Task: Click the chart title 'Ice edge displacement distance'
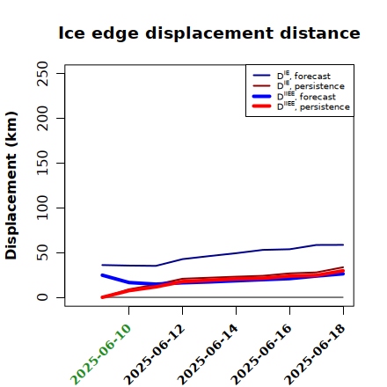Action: [209, 33]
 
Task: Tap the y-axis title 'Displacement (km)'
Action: [11, 186]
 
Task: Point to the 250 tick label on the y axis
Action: [42, 73]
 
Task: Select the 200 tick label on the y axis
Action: [42, 118]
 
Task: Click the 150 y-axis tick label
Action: [42, 163]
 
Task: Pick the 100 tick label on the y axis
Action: [42, 208]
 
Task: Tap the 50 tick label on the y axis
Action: [42, 252]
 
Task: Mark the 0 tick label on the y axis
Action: [42, 297]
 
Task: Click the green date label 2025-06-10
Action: [100, 354]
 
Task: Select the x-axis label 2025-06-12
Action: [154, 354]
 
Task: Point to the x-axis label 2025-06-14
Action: [208, 354]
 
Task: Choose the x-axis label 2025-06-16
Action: [261, 354]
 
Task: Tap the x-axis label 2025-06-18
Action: [315, 354]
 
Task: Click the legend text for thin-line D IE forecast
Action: [303, 76]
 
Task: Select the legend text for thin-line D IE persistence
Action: [310, 85]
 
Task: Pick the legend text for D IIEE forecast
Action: [306, 96]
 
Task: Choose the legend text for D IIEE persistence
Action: [313, 106]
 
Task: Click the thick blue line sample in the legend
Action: [261, 96]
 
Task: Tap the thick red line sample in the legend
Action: [261, 106]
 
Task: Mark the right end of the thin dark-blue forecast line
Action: [343, 245]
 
